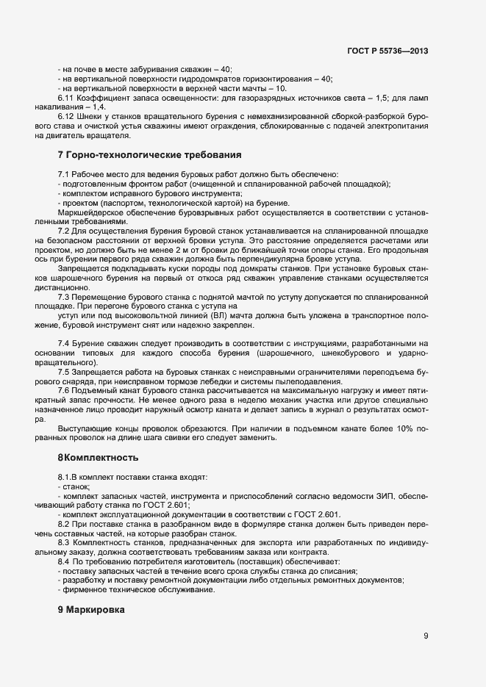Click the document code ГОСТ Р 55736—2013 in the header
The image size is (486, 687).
[387, 51]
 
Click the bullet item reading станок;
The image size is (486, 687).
[76, 486]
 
